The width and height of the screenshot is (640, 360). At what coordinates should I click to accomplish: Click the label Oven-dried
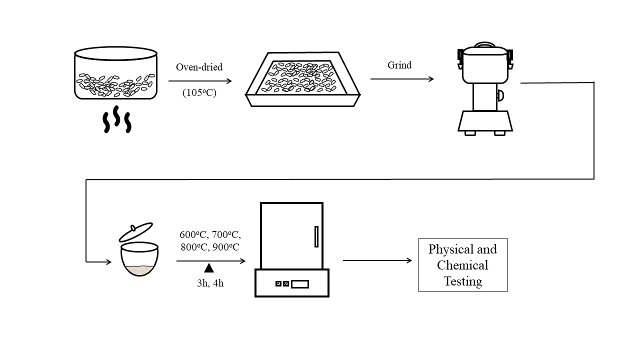(199, 67)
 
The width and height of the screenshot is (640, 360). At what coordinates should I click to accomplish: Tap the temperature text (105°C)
(199, 92)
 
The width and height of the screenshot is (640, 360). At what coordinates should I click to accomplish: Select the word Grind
(399, 65)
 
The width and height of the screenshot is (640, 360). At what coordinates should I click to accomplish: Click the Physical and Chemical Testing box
(462, 265)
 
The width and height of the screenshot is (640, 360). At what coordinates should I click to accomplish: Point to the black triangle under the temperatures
(209, 268)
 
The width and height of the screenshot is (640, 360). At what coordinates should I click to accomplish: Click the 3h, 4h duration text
(210, 283)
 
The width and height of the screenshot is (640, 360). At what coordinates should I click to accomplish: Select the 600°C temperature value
(193, 234)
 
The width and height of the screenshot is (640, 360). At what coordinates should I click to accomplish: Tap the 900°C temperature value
(225, 247)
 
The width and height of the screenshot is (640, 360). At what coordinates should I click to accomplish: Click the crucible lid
(135, 232)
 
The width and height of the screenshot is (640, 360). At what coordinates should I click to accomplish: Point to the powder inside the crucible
(139, 270)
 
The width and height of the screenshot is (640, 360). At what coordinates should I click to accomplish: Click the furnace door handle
(316, 236)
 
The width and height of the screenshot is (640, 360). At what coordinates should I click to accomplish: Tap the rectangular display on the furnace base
(300, 284)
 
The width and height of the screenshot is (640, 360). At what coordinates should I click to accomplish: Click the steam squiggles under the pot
(116, 119)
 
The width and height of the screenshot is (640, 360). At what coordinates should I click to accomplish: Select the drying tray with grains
(303, 80)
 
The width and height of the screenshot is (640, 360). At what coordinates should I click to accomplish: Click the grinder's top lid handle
(484, 45)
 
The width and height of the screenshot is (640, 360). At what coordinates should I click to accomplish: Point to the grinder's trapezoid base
(485, 121)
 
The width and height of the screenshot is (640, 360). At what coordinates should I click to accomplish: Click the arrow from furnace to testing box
(377, 260)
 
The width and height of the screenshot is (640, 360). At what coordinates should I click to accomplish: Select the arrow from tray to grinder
(402, 79)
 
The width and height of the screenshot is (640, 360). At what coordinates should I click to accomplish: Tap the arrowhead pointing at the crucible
(108, 261)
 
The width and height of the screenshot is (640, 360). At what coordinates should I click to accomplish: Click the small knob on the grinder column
(500, 95)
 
